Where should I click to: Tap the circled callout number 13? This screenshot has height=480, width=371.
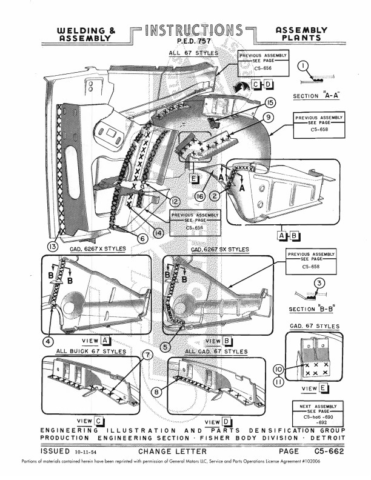pyautogui.click(x=53, y=247)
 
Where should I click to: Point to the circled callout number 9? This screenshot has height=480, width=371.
pyautogui.click(x=267, y=116)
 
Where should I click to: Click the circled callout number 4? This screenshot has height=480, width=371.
pyautogui.click(x=47, y=341)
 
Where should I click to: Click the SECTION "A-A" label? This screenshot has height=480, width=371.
pyautogui.click(x=315, y=96)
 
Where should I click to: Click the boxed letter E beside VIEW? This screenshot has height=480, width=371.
pyautogui.click(x=324, y=388)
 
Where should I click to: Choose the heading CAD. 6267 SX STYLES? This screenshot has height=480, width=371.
pyautogui.click(x=219, y=250)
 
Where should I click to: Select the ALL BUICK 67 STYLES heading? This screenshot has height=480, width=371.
pyautogui.click(x=91, y=352)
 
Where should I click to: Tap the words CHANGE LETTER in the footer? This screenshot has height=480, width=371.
pyautogui.click(x=173, y=452)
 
